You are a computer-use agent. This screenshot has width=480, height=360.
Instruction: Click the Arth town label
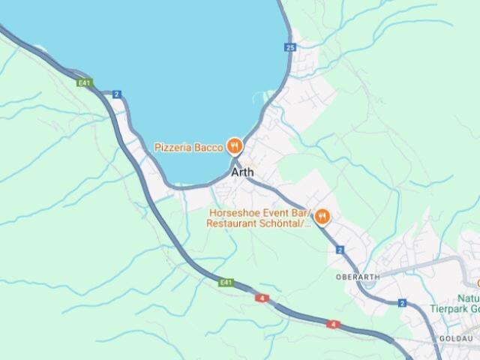(242, 172)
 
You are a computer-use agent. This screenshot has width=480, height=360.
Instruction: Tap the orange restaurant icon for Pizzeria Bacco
(235, 147)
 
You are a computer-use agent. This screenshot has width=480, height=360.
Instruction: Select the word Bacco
(209, 148)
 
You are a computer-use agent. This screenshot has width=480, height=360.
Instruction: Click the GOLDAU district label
(456, 339)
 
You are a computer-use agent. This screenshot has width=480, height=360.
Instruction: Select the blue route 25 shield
(290, 47)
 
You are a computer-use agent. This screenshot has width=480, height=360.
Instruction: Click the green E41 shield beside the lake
(85, 82)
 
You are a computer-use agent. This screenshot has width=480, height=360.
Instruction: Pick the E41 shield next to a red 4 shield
(226, 283)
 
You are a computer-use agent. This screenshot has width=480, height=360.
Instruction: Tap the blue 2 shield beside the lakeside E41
(116, 94)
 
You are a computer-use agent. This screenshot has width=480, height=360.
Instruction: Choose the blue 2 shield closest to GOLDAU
(402, 303)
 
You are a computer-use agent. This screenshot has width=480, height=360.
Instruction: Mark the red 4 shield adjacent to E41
(262, 298)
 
